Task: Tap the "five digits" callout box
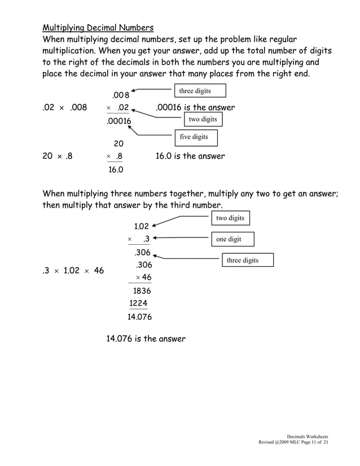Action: pos(194,137)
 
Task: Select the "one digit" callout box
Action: pos(232,239)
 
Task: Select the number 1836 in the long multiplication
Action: pos(142,291)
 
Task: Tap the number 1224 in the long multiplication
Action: pos(138,304)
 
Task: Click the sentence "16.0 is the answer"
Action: pos(190,156)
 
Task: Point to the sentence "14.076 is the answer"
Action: pos(146,339)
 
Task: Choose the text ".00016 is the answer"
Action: pos(195,107)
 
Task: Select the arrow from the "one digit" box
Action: pos(181,239)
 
